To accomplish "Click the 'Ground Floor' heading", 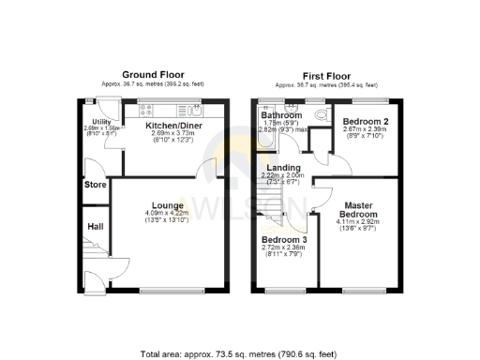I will (x=154, y=74).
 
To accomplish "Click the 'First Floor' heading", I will (x=325, y=74).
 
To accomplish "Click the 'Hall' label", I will (x=95, y=226).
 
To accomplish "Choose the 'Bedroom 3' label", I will (x=283, y=240).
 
